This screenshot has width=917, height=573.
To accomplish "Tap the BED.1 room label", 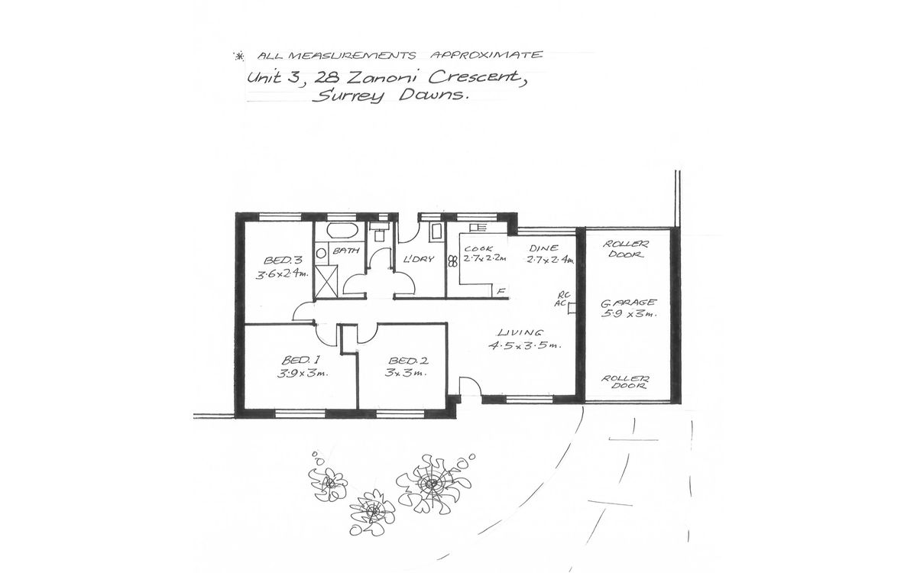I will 295,360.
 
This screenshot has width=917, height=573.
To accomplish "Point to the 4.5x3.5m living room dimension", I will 525,345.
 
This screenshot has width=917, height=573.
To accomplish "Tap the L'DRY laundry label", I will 418,259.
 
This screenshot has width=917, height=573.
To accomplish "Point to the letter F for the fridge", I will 501,290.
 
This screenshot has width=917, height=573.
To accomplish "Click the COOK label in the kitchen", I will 476,248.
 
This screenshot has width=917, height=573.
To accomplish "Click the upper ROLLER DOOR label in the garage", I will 624,249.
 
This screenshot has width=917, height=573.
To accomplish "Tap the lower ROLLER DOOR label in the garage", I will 624,382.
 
